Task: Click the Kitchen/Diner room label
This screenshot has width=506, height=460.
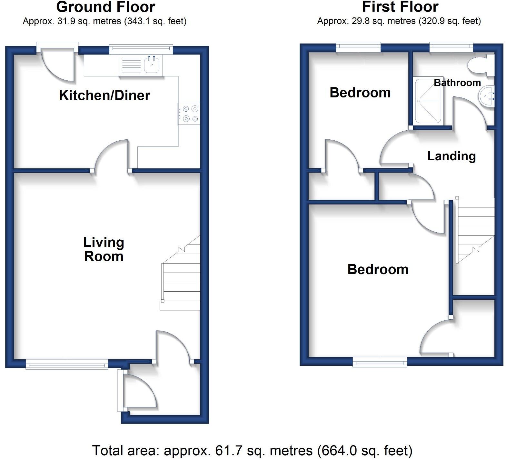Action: (x=104, y=95)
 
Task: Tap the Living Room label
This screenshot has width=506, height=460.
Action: (x=104, y=249)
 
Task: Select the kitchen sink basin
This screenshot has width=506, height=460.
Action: (x=152, y=65)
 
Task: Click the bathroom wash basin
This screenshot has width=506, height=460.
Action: (x=486, y=96)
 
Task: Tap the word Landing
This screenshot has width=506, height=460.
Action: (x=451, y=156)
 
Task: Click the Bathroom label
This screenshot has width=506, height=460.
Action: (x=457, y=83)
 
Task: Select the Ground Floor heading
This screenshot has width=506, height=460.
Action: (x=105, y=7)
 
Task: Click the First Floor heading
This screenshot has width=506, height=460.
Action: (x=400, y=7)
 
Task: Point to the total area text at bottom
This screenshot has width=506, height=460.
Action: (x=252, y=451)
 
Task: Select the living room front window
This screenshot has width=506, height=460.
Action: (x=67, y=365)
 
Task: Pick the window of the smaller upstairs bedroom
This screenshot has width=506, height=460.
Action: (x=358, y=47)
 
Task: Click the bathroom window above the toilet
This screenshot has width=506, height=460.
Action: (x=451, y=47)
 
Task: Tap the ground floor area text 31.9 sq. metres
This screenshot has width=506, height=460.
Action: (x=104, y=22)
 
